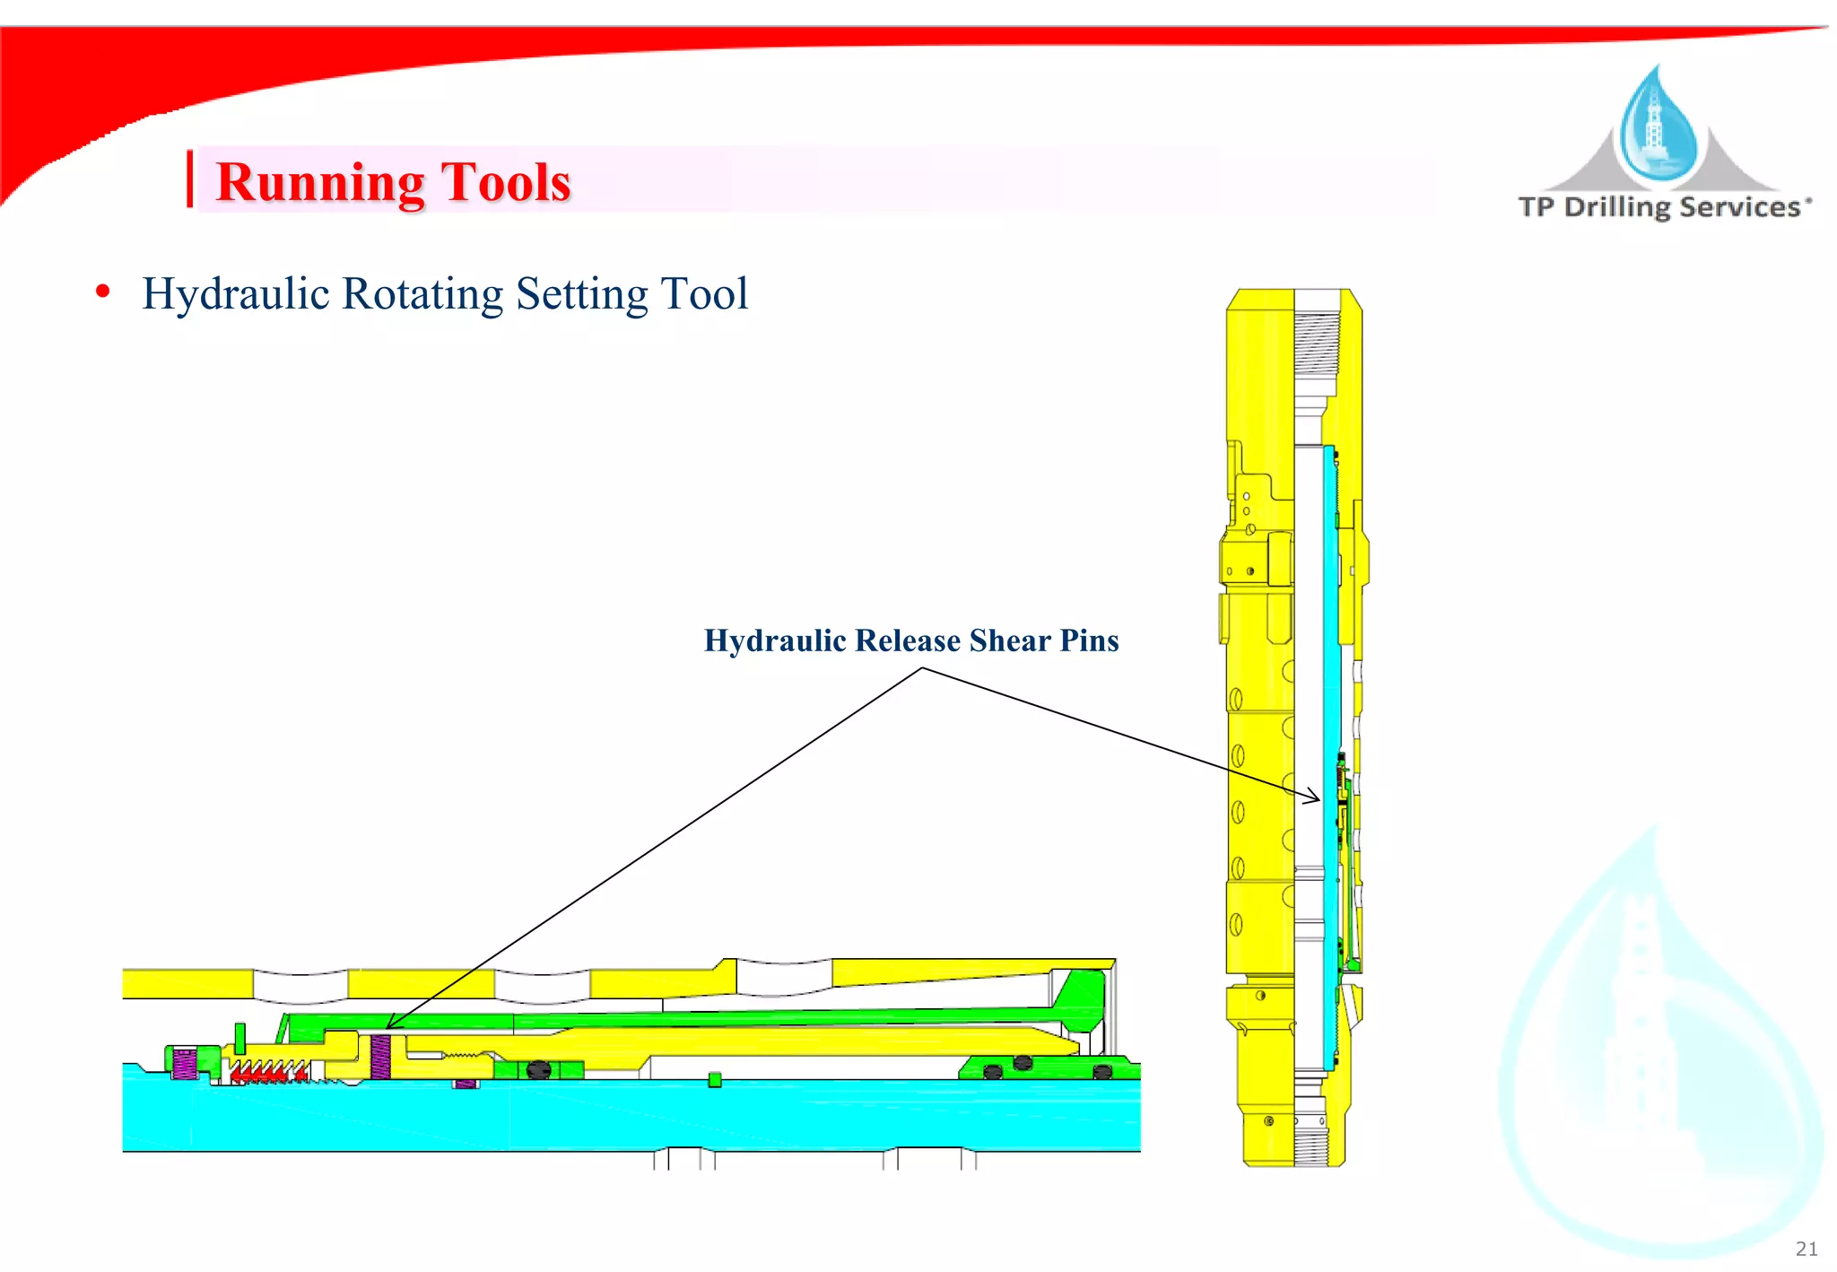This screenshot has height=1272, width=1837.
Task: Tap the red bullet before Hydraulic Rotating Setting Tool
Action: click(x=103, y=292)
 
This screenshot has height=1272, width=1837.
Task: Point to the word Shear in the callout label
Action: click(x=1009, y=640)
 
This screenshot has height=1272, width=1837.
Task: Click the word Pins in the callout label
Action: click(x=1089, y=640)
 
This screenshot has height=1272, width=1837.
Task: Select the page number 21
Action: click(x=1807, y=1249)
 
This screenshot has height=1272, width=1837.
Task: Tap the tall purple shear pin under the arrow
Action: click(x=380, y=1057)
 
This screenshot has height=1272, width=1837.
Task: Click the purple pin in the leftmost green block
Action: click(x=184, y=1063)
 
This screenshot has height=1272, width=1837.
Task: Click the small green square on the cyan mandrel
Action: click(x=715, y=1080)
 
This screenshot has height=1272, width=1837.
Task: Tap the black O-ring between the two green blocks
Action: click(x=538, y=1069)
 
